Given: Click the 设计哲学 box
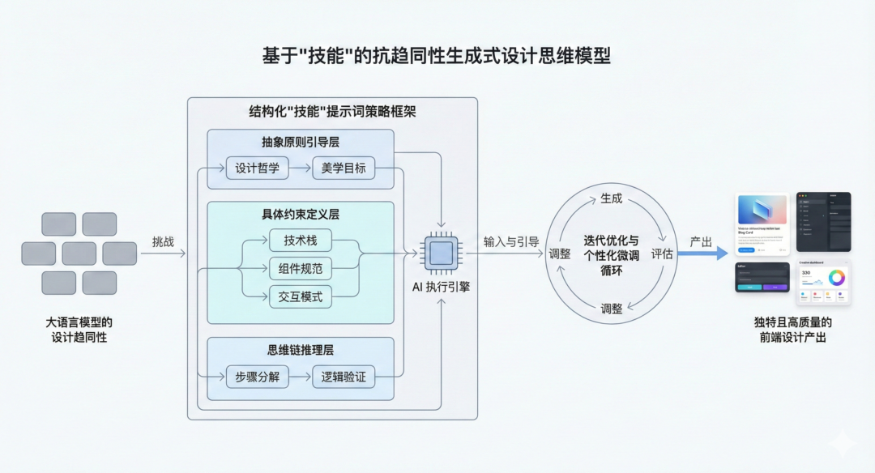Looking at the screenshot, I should [x=257, y=168].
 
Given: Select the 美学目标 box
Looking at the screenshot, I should [x=344, y=168].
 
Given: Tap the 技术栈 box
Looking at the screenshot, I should [x=301, y=241].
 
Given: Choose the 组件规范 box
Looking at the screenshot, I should [x=301, y=268].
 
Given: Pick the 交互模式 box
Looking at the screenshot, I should [x=301, y=296].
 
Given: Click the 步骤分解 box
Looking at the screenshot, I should [x=257, y=377].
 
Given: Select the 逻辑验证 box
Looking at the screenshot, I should [x=344, y=377].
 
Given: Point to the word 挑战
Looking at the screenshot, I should [x=163, y=241].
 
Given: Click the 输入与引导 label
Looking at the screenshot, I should [x=511, y=241].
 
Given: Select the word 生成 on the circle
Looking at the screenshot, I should [x=612, y=198].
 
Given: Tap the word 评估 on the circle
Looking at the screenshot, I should [x=662, y=254].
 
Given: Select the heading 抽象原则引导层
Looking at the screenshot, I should [x=301, y=141].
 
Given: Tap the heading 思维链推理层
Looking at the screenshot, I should [x=301, y=350].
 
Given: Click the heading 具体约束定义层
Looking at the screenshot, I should [x=301, y=215].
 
